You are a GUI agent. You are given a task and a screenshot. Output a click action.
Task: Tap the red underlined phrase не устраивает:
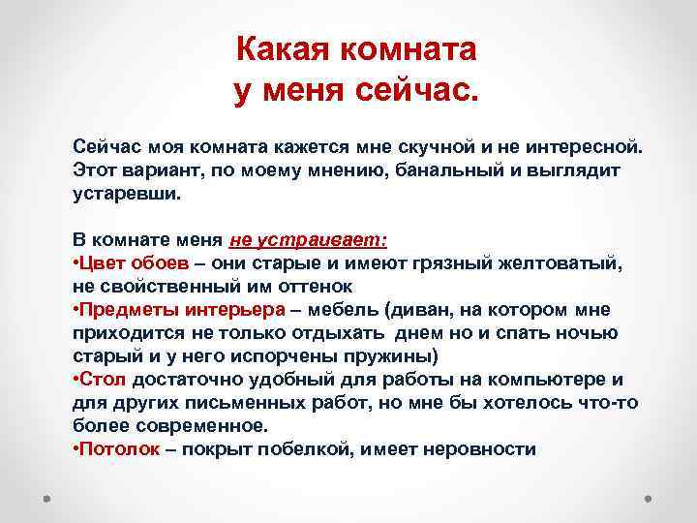(308, 239)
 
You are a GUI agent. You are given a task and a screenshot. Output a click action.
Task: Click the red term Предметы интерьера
(182, 309)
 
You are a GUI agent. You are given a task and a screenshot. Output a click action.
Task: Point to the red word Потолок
(120, 448)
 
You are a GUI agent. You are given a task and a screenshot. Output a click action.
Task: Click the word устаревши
(127, 193)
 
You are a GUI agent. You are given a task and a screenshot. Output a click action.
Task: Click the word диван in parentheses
(416, 309)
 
